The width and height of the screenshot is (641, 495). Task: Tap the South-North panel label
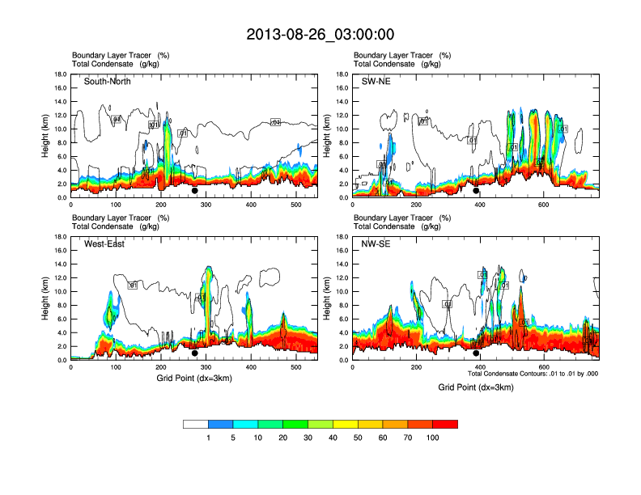point(108,82)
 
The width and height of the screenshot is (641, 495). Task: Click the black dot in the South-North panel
point(194,191)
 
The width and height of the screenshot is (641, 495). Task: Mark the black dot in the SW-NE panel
point(476,191)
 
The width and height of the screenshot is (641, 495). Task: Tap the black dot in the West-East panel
point(194,353)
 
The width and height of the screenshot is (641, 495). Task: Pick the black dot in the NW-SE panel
point(476,353)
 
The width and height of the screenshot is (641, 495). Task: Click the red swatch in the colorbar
point(445,424)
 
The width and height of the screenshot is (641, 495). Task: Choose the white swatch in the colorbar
point(196,424)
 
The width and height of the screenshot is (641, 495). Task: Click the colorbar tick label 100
point(433,438)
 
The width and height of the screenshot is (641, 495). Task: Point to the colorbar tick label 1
point(209,438)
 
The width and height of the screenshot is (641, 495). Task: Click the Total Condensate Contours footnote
point(533,374)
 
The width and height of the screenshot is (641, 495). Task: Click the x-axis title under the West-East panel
point(194,378)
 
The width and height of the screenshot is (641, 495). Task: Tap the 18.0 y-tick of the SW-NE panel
point(343,74)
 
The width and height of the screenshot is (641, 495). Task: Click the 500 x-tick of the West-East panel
point(295,366)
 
